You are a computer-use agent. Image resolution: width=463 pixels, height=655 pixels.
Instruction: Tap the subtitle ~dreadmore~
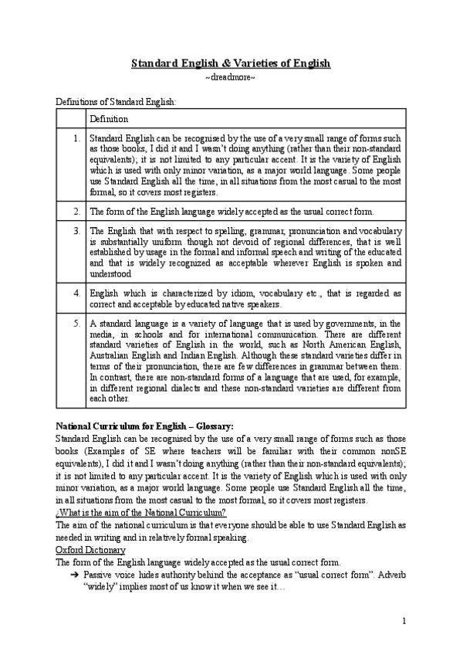[x=231, y=79]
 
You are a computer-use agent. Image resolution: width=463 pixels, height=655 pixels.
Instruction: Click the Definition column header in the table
[x=109, y=119]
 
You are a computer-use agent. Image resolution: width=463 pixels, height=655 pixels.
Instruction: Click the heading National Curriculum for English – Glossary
[x=145, y=426]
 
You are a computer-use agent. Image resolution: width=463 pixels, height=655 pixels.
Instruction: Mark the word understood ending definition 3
[x=110, y=273]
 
